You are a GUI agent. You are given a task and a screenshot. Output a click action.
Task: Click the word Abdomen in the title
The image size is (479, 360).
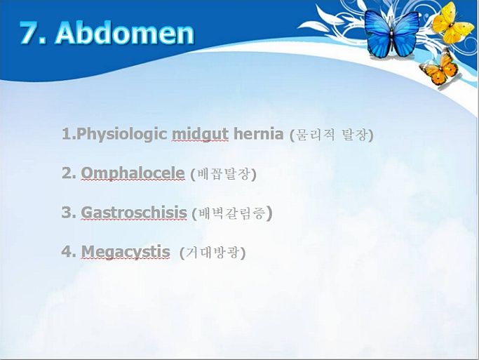(125, 33)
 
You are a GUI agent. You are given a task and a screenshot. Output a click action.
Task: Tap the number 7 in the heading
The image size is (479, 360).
(29, 33)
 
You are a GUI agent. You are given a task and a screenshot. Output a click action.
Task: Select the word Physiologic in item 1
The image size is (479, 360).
(121, 134)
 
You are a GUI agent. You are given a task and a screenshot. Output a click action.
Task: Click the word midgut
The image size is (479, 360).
(200, 134)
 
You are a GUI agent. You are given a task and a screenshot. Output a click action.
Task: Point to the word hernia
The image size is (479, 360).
(259, 134)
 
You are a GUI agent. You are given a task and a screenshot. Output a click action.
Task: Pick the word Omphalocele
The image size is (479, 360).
(133, 173)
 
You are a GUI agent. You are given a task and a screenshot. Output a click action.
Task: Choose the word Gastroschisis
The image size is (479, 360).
(134, 213)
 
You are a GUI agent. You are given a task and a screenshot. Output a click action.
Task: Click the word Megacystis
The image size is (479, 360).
(126, 252)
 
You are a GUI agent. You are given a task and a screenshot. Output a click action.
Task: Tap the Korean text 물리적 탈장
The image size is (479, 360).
(332, 135)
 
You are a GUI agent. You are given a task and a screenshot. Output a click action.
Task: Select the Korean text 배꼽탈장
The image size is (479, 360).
(223, 174)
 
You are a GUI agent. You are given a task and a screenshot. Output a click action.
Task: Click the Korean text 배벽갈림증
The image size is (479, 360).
(232, 213)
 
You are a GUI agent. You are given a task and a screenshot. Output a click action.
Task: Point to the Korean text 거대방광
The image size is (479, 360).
(212, 253)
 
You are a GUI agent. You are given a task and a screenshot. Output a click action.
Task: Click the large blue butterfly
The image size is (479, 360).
(391, 34)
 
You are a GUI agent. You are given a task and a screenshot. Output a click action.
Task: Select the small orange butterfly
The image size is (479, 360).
(439, 69)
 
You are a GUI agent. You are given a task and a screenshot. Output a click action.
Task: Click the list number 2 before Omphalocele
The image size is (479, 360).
(67, 173)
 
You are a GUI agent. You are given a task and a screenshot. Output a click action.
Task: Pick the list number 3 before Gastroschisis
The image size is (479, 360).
(67, 213)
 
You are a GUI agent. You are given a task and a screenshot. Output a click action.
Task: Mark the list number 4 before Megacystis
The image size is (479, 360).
(67, 252)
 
